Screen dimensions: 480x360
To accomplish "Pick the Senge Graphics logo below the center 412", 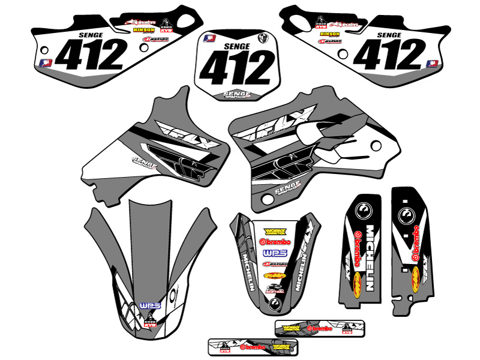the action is [x=235, y=94].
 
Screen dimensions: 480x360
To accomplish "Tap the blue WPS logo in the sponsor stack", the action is [x=272, y=253].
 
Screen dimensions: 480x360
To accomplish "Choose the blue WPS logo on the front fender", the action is [x=147, y=306].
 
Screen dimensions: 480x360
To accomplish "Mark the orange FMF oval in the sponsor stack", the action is [x=272, y=276].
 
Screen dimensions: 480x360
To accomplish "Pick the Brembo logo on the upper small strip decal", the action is [x=319, y=329].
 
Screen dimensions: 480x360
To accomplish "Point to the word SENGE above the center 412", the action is [x=235, y=45].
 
